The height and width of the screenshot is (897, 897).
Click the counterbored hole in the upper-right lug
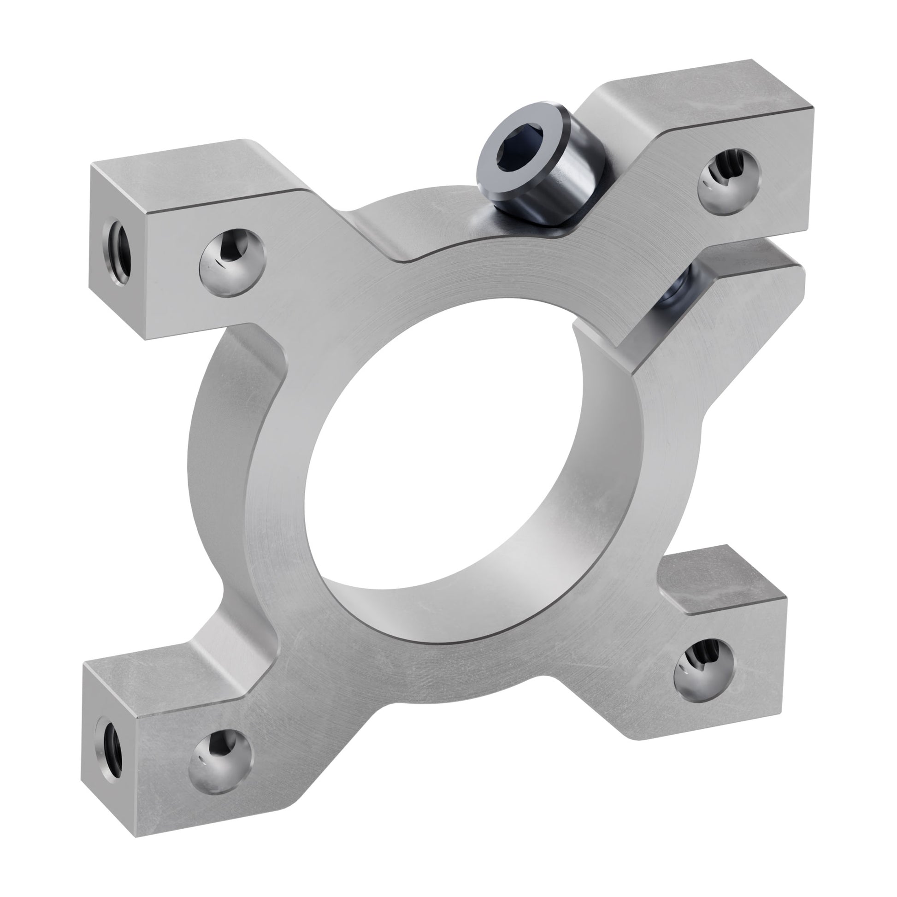tap(729, 181)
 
